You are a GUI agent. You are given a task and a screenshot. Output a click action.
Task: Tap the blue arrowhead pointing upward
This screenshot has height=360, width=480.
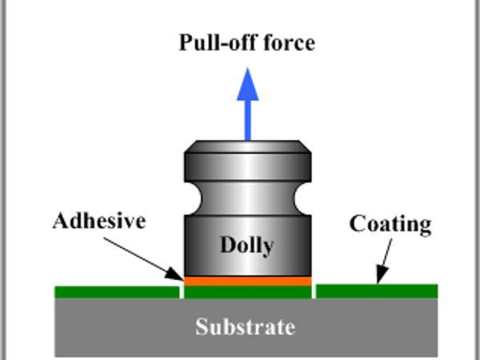point(247,82)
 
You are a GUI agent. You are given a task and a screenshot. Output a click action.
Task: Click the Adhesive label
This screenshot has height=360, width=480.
point(99,221)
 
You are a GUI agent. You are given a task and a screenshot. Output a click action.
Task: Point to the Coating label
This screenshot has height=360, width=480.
point(390,224)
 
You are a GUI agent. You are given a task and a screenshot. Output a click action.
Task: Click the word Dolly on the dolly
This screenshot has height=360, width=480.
point(246,246)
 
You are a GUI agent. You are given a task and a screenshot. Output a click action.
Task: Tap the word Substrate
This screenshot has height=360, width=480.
point(246,326)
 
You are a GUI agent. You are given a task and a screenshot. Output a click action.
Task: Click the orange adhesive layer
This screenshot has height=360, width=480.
point(247,281)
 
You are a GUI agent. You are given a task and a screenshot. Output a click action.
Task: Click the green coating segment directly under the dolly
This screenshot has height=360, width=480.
point(247,291)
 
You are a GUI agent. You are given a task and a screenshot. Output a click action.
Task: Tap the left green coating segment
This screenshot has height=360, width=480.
point(117,291)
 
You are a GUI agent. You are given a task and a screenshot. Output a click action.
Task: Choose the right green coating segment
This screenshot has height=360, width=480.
point(377,290)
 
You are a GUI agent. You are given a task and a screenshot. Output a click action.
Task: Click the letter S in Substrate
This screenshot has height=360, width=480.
point(202,326)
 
